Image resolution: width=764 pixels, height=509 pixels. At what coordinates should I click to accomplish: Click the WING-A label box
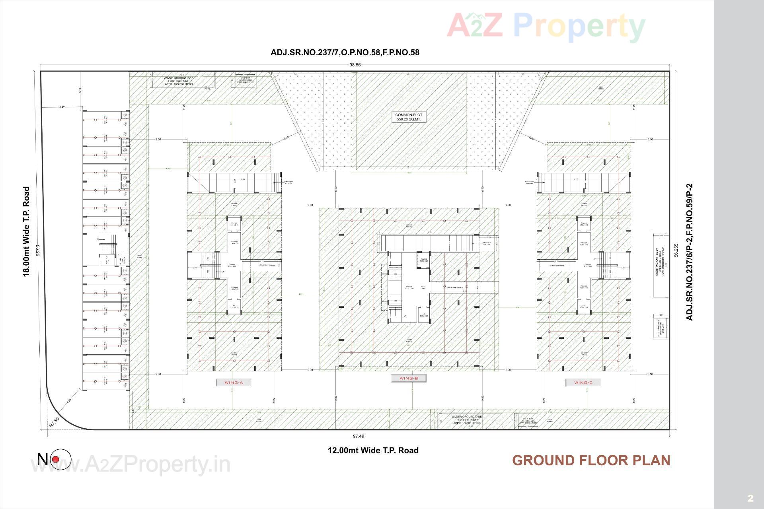pyautogui.click(x=234, y=383)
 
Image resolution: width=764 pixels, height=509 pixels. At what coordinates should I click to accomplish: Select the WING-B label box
pyautogui.click(x=409, y=378)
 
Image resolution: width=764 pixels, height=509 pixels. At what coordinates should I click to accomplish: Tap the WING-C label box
pyautogui.click(x=583, y=383)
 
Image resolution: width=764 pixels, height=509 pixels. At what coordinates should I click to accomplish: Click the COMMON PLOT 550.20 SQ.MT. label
pyautogui.click(x=409, y=117)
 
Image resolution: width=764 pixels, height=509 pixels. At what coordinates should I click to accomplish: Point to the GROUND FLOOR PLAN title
pyautogui.click(x=591, y=460)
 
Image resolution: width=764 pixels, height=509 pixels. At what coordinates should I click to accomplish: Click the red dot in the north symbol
pyautogui.click(x=56, y=460)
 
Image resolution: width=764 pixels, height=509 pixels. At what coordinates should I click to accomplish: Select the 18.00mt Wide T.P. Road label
pyautogui.click(x=26, y=231)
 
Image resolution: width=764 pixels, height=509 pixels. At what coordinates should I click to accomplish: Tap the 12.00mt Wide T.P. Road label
pyautogui.click(x=373, y=450)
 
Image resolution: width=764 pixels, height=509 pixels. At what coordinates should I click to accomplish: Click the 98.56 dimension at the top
pyautogui.click(x=355, y=65)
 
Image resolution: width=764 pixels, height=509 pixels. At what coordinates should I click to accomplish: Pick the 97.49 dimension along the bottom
pyautogui.click(x=358, y=436)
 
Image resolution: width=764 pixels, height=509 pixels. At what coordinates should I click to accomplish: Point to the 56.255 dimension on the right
pyautogui.click(x=676, y=251)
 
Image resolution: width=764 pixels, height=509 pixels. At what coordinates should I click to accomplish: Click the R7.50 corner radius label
pyautogui.click(x=55, y=422)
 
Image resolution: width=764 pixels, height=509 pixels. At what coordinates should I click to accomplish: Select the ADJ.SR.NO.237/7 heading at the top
pyautogui.click(x=345, y=52)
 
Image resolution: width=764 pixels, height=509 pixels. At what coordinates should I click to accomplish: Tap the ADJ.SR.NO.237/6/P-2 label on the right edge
pyautogui.click(x=690, y=252)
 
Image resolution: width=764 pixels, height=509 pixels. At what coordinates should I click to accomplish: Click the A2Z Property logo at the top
pyautogui.click(x=546, y=26)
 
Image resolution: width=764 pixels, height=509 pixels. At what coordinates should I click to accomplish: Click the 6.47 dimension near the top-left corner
pyautogui.click(x=62, y=107)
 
